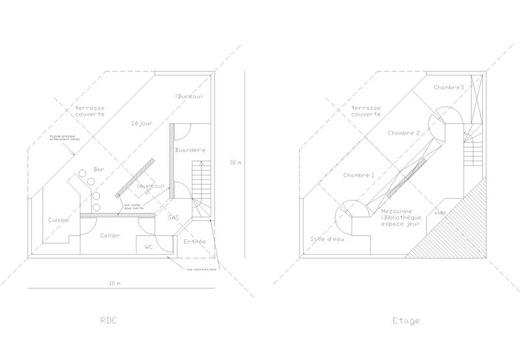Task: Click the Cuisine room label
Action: click(x=58, y=221)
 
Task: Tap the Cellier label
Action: click(x=110, y=235)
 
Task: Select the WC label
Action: click(x=148, y=247)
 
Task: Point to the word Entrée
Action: click(x=194, y=242)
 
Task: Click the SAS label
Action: click(x=174, y=217)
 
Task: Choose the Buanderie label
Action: click(x=191, y=150)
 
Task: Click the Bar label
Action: click(x=99, y=169)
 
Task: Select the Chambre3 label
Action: click(x=449, y=87)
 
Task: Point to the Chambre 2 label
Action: click(x=404, y=133)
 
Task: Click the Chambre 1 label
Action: click(x=359, y=175)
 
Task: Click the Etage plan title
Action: click(x=407, y=320)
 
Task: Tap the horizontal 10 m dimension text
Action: click(x=115, y=284)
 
